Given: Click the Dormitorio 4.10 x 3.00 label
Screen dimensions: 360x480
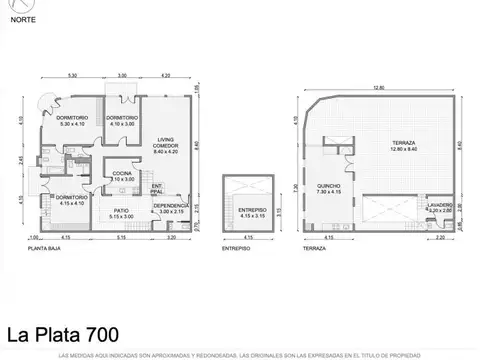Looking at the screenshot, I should [121, 120].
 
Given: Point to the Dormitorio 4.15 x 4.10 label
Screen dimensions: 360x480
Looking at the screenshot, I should [69, 199].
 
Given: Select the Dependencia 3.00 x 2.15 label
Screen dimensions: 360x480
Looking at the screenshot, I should [171, 209].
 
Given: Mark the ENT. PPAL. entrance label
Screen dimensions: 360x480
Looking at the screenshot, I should [158, 188].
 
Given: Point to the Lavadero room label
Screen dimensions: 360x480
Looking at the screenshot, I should [440, 207].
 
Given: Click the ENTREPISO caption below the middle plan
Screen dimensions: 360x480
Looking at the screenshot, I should [237, 246].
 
